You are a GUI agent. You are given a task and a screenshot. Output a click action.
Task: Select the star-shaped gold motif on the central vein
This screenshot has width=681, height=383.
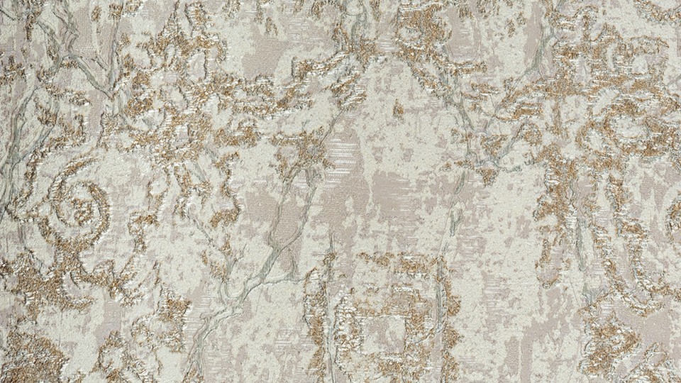[x=306, y=150]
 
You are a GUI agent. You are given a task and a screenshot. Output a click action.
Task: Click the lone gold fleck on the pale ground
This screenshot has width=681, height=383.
[x=399, y=111]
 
